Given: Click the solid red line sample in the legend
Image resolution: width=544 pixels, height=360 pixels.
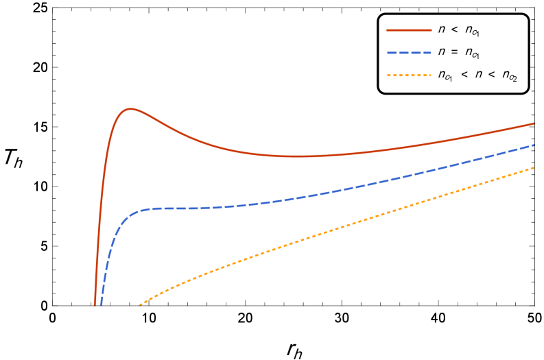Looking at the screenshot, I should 409,30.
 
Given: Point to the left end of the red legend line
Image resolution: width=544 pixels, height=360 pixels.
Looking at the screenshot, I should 388,30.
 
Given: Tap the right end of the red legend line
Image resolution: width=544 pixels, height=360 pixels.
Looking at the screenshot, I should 431,30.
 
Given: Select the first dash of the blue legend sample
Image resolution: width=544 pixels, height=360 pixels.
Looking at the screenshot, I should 391,53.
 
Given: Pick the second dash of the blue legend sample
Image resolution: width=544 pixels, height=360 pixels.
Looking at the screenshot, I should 403,53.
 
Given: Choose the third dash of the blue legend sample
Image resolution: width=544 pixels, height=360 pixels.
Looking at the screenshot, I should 416,53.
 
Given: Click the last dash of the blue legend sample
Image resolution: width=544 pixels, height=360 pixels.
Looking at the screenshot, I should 427,53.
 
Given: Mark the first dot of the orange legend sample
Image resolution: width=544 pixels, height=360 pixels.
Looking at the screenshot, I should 388,75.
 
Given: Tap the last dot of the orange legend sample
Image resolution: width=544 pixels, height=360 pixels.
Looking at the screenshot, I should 429,75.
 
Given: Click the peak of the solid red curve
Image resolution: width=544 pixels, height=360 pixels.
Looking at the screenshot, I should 129,109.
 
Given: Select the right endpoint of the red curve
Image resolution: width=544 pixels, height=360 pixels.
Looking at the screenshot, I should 534,123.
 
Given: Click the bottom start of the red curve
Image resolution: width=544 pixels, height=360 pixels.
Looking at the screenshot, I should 95,304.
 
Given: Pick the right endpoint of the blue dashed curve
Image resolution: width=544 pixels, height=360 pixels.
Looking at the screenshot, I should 534,145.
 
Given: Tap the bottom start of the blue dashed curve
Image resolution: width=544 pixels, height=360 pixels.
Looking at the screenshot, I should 102,304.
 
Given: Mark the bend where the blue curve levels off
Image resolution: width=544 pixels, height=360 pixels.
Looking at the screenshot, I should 137,212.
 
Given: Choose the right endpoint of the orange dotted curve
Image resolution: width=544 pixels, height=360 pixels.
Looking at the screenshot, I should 534,167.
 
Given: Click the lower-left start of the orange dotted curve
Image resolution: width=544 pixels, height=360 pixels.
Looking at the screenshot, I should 141,304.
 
